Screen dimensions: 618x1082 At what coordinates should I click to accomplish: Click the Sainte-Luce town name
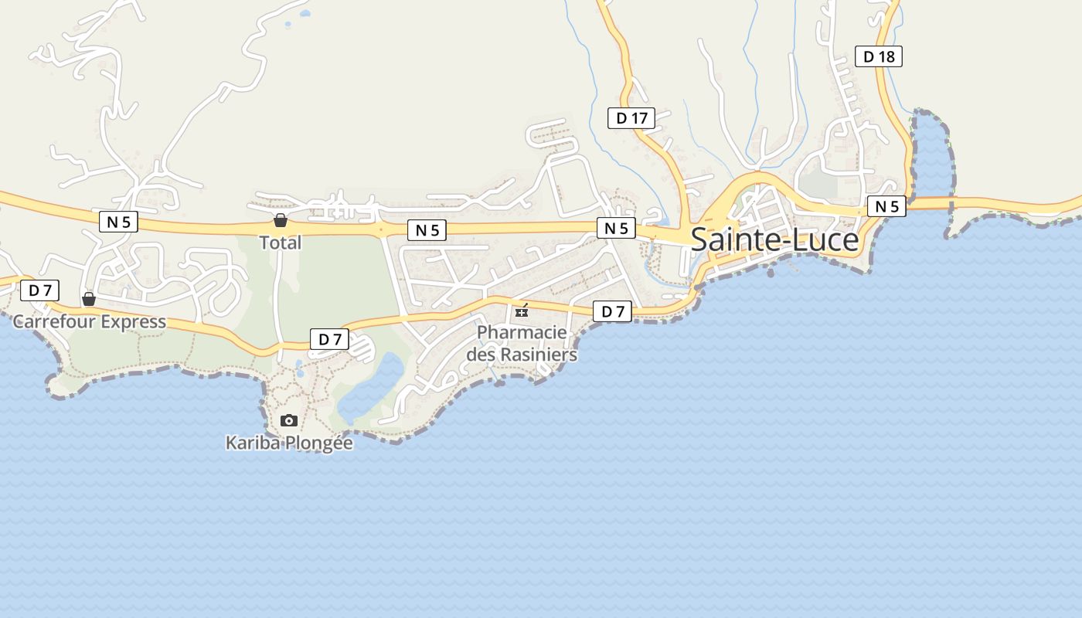[x=774, y=240]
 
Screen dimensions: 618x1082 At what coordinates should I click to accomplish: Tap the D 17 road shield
[x=631, y=118]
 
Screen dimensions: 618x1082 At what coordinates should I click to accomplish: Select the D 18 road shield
[x=879, y=56]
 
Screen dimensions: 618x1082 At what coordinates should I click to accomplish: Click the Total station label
[x=280, y=243]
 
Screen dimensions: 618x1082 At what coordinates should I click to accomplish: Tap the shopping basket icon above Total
[x=280, y=221]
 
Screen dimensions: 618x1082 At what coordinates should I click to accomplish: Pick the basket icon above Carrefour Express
[x=89, y=299]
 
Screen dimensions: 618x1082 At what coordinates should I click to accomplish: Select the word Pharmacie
[x=522, y=333]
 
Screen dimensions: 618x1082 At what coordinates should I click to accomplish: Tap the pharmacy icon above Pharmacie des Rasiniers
[x=522, y=311]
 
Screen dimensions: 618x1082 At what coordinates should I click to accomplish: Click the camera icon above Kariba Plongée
[x=289, y=421]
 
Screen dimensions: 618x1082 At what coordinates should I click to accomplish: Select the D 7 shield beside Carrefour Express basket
[x=39, y=290]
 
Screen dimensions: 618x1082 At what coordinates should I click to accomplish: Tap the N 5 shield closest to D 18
[x=886, y=206]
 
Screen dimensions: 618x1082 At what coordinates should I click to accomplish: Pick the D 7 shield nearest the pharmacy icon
[x=612, y=311]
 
